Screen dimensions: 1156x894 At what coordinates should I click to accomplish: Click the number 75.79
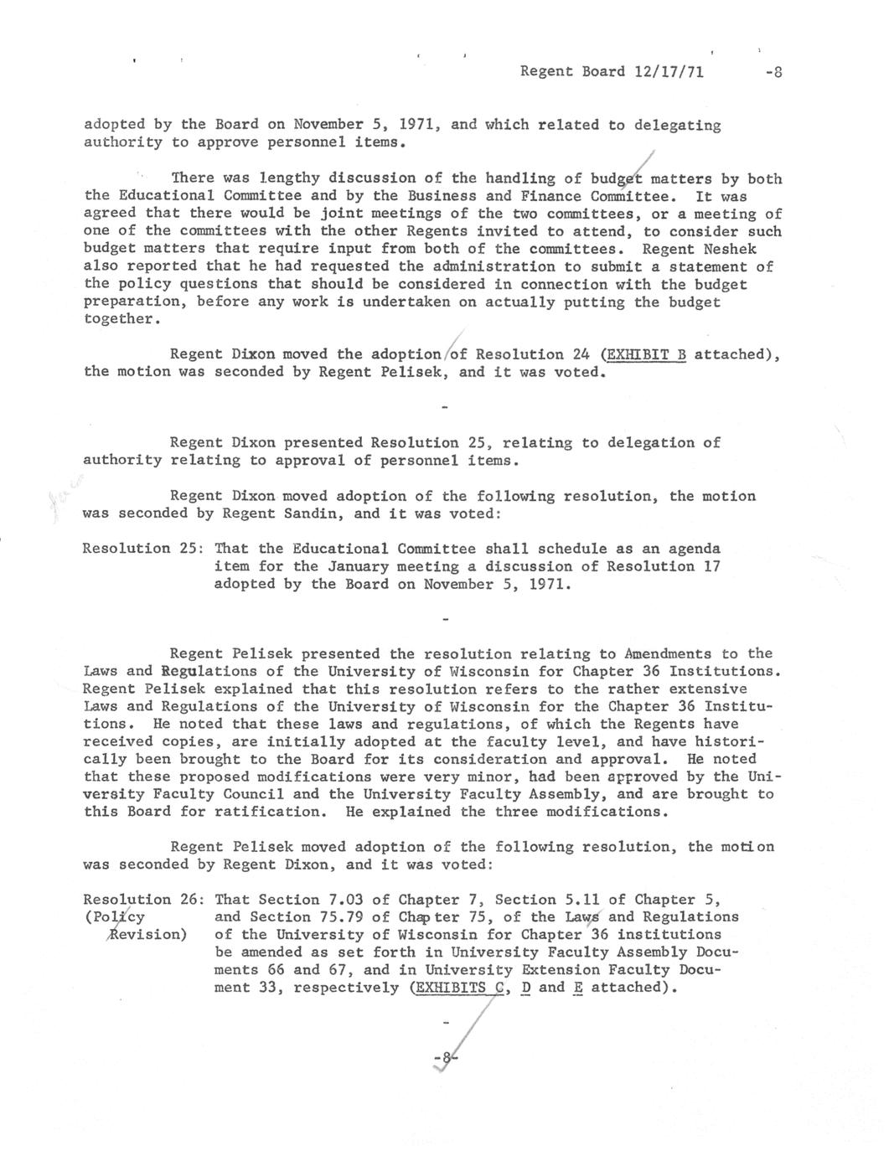coord(339,917)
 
